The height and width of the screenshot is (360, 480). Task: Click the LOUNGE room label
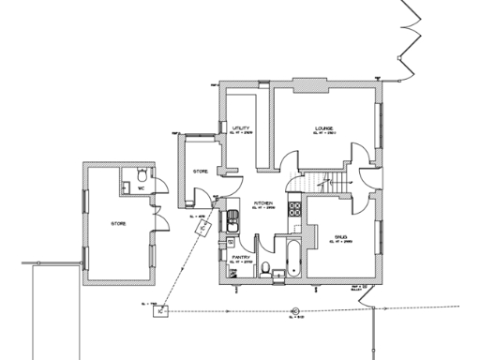click(324, 128)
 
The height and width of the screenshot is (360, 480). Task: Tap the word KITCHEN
click(263, 202)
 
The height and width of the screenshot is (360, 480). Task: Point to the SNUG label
click(340, 238)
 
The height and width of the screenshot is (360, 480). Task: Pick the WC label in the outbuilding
click(141, 188)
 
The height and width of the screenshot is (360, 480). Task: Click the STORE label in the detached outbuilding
click(119, 224)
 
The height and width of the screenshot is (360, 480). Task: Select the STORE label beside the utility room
click(200, 172)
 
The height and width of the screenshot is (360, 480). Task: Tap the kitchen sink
click(231, 221)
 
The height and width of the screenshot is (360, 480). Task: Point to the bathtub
click(292, 256)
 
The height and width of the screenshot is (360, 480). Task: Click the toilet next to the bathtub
click(268, 271)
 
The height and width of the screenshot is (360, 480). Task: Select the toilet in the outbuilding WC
click(141, 174)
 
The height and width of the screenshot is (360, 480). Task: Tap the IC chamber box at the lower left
click(161, 310)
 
